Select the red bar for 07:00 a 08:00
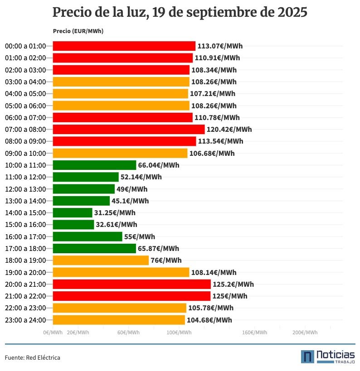[x=129, y=130]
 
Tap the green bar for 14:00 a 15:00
[x=73, y=213]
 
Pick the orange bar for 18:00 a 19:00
[x=101, y=260]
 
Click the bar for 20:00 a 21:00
[x=132, y=284]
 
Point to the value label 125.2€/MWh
[x=233, y=284]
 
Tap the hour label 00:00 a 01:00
[x=25, y=46]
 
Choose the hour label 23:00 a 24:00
[x=25, y=320]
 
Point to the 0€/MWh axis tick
[x=53, y=333]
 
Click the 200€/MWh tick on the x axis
[x=305, y=333]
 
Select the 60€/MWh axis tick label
[x=128, y=333]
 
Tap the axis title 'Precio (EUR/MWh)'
[x=78, y=31]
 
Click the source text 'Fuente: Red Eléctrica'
[x=33, y=358]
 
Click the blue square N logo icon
[x=307, y=357]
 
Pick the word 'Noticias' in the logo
[x=336, y=354]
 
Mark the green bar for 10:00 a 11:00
[x=94, y=165]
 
